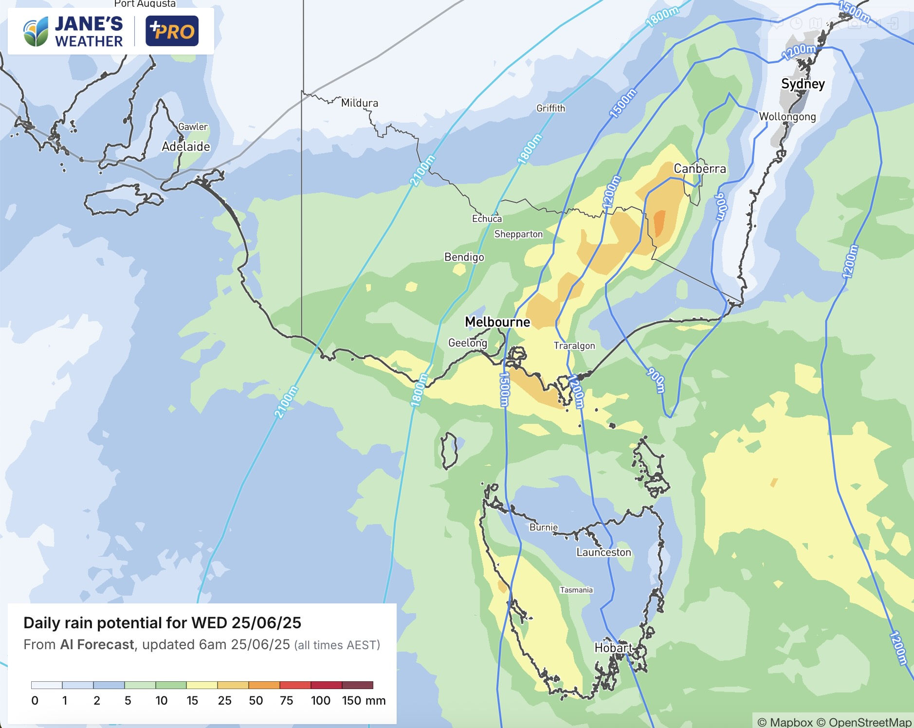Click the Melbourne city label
[497, 322]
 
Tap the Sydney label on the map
[803, 84]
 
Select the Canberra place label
[699, 169]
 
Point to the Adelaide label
[186, 146]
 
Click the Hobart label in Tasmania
[613, 648]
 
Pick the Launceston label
[603, 552]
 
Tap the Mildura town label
[359, 103]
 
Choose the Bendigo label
[464, 257]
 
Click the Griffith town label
[550, 108]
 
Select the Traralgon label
[574, 346]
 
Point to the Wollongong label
[787, 117]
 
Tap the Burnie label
[544, 527]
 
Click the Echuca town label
[487, 218]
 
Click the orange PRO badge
[172, 31]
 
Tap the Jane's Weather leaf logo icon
[36, 32]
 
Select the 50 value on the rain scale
[256, 701]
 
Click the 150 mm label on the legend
[363, 701]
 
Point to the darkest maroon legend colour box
[357, 685]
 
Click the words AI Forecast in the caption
[97, 645]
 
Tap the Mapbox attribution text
[791, 722]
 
